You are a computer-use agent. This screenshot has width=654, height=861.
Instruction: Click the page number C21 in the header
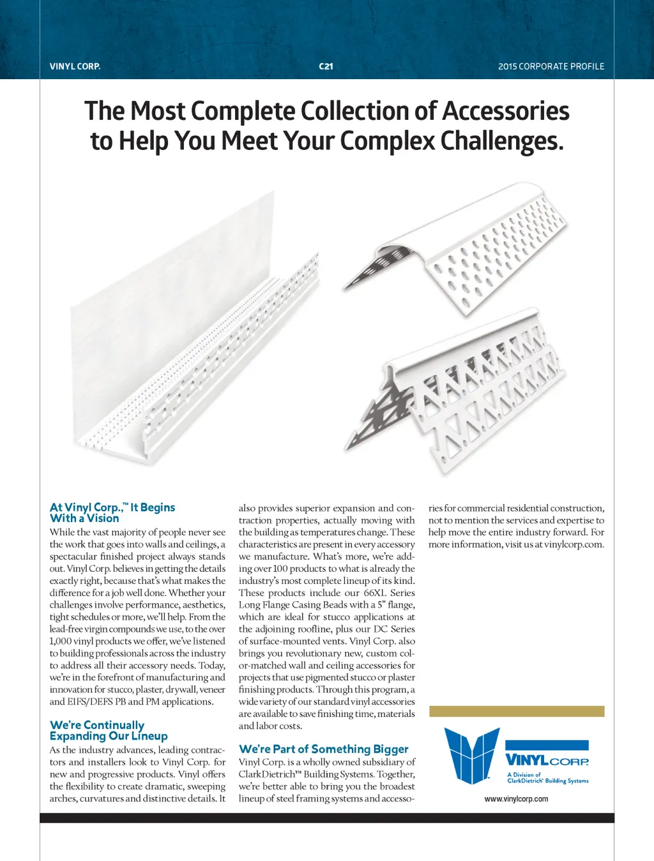[326, 66]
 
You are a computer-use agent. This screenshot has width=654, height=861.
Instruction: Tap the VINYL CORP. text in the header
[75, 66]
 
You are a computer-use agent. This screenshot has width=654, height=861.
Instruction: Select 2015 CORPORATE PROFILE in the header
[551, 66]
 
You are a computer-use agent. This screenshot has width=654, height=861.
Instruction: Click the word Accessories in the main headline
[505, 111]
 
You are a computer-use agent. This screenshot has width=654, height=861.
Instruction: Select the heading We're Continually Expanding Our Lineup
[109, 730]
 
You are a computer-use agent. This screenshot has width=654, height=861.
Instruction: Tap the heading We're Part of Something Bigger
[323, 749]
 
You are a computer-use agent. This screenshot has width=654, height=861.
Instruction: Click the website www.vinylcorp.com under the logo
[516, 799]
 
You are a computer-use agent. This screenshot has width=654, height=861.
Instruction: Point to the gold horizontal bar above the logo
[516, 711]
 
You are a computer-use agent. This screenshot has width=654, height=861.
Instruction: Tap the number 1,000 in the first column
[61, 641]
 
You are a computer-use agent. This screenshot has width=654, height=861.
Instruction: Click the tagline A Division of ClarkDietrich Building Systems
[547, 777]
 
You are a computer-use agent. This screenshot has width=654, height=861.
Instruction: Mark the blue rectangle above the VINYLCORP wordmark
[547, 745]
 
